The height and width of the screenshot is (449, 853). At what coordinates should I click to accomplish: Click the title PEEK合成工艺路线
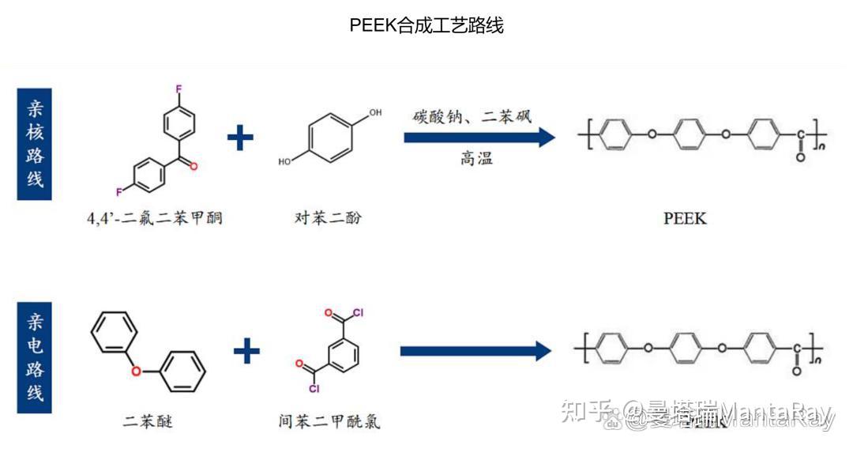point(426,25)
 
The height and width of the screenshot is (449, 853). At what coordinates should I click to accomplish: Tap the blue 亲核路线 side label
point(34,144)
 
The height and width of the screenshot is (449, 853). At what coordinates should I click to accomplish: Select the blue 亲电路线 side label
point(34,357)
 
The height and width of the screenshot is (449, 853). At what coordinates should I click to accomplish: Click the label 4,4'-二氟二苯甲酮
point(155,217)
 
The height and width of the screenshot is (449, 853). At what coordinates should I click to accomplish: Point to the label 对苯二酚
point(328,217)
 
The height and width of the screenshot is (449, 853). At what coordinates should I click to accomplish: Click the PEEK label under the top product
point(685,217)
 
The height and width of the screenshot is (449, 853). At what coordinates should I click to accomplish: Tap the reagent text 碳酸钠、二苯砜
point(472,116)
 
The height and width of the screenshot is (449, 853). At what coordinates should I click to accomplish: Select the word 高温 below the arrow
point(476,158)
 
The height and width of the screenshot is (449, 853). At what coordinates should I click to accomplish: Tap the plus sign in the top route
point(240,138)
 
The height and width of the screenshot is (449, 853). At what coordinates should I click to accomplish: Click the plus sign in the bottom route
point(246,350)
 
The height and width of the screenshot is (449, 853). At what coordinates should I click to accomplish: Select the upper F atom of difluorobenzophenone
point(178,89)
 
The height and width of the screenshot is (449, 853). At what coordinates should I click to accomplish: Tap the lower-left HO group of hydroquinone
point(284,161)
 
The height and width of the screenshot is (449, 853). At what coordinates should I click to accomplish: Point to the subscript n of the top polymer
point(821,146)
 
